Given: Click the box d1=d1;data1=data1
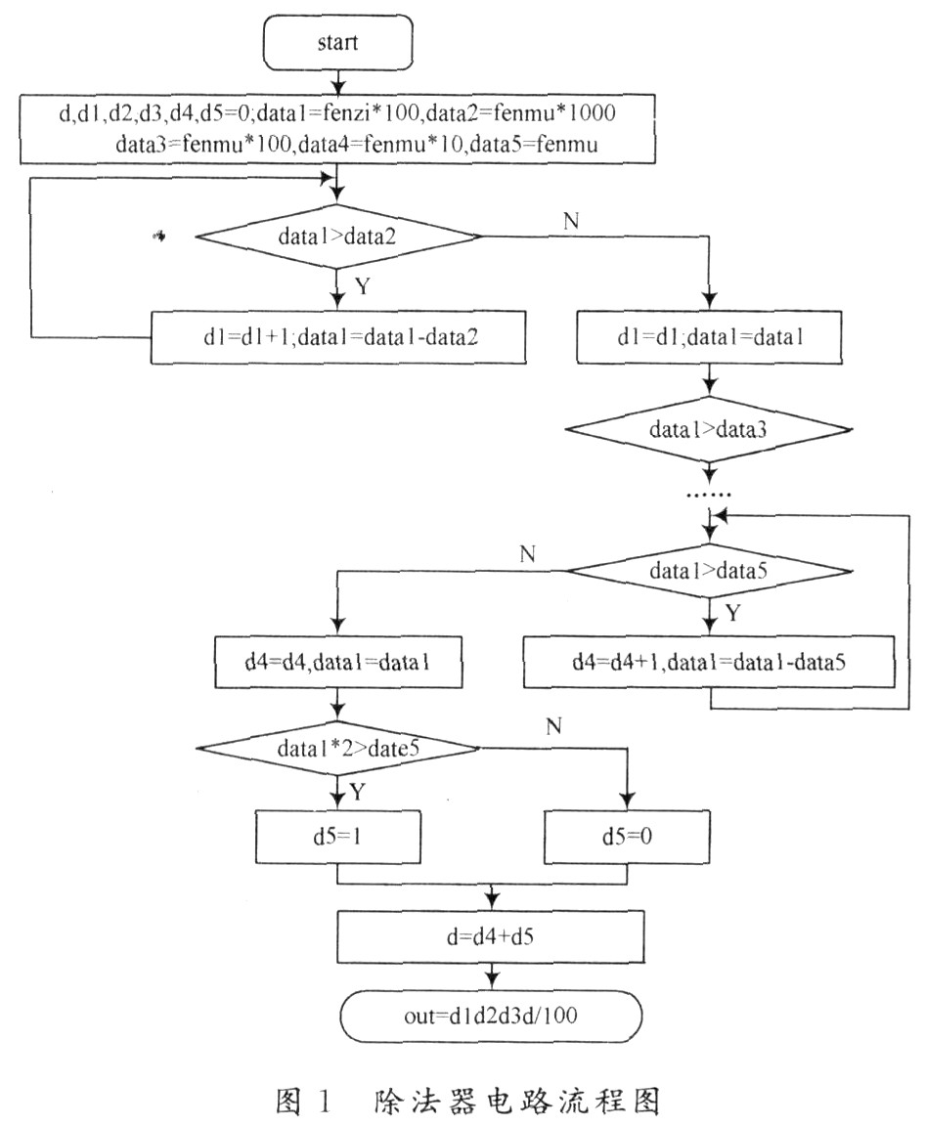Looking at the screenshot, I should (710, 336).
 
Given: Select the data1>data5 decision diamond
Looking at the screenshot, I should (710, 570).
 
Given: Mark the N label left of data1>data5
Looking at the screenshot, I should (528, 555).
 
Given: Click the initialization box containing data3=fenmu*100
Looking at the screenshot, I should (335, 129).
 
